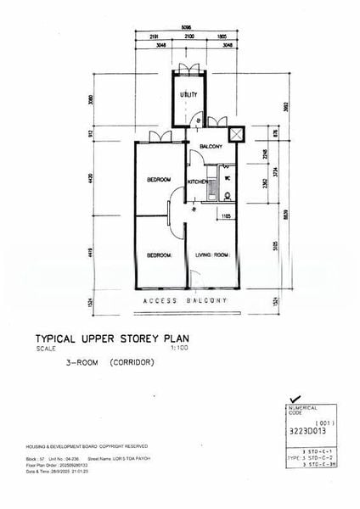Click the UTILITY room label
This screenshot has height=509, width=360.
[x=188, y=94]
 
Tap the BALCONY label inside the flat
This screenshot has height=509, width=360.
[x=211, y=146]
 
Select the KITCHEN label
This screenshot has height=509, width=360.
[x=198, y=182]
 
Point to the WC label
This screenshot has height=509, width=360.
[x=226, y=180]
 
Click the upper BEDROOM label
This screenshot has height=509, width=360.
[x=159, y=179]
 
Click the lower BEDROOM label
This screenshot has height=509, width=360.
[x=159, y=255]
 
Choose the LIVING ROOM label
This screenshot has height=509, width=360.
[x=213, y=255]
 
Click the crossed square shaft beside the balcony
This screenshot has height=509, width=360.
[x=236, y=134]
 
